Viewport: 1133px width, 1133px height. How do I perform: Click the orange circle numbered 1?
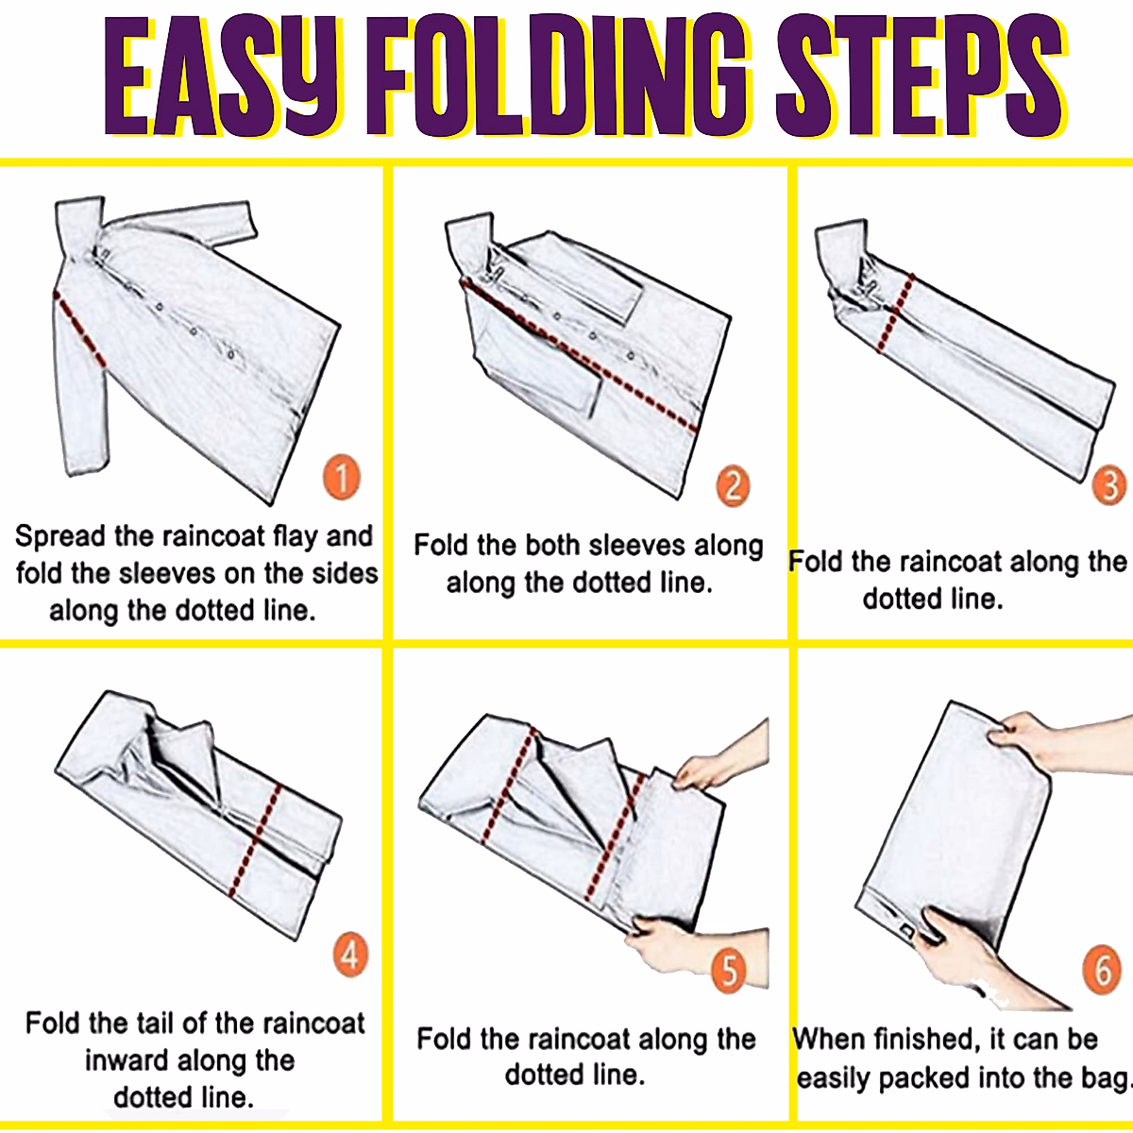click(x=342, y=476)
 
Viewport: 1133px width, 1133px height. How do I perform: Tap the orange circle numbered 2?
click(x=733, y=487)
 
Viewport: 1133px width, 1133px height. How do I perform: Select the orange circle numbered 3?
click(x=1109, y=485)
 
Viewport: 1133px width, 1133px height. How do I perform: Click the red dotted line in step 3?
click(x=895, y=313)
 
